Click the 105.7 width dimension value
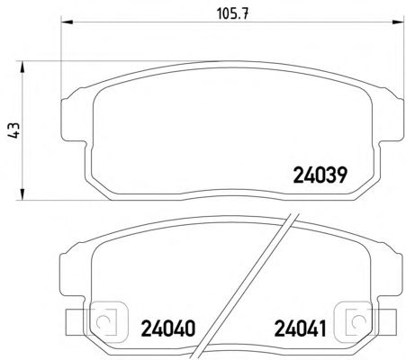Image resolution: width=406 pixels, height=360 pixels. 232,13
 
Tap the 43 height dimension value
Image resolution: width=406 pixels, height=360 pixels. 14,130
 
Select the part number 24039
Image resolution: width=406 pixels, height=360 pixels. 320,175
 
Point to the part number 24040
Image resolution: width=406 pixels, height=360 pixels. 168,328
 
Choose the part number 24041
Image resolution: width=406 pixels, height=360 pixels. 300,328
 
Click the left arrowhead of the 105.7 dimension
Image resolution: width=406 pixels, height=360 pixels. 67,22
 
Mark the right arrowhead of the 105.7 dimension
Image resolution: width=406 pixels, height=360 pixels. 399,22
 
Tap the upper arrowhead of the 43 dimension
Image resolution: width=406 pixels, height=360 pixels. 22,67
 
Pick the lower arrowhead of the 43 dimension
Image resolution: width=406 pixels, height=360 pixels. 22,194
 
